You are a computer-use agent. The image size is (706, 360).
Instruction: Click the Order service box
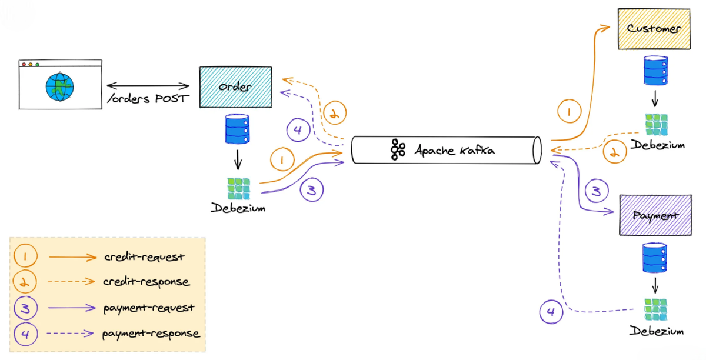[x=235, y=87]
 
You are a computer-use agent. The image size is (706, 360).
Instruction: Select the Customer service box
[x=654, y=28]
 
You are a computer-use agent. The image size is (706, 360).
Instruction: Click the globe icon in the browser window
[x=60, y=87]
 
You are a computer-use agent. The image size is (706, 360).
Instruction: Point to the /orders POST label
[x=148, y=98]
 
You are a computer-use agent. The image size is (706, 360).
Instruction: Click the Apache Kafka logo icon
[x=398, y=150]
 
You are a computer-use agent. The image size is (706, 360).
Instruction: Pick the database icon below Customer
[x=655, y=71]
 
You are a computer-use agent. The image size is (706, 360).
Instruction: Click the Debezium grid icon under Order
[x=238, y=188]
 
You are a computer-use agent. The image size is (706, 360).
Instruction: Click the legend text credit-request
[x=144, y=257]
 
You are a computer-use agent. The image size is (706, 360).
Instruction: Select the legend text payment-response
[x=151, y=334]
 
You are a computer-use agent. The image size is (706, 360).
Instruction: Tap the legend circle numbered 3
[x=25, y=308]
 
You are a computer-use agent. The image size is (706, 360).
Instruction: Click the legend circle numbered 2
[x=25, y=282]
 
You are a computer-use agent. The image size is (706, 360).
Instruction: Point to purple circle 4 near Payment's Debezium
[x=551, y=312]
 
